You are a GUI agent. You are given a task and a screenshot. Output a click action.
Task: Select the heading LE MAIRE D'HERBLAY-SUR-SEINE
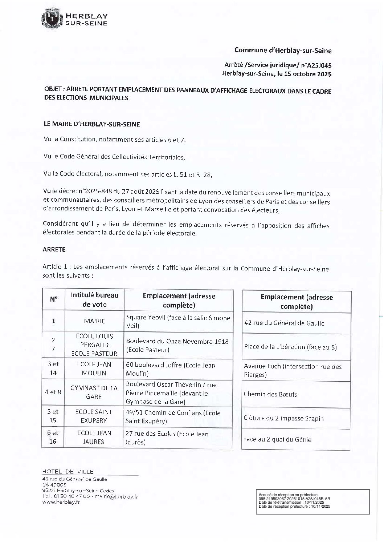[91, 124]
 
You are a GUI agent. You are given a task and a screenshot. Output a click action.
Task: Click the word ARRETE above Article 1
[54, 249]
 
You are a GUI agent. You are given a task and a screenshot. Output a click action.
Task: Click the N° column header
[54, 299]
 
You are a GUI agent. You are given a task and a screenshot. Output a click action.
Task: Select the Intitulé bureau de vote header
[94, 300]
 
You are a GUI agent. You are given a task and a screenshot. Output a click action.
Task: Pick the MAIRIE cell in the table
[94, 321]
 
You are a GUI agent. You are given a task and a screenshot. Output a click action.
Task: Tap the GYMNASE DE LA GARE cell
[94, 392]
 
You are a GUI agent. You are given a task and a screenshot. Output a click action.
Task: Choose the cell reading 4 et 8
[53, 392]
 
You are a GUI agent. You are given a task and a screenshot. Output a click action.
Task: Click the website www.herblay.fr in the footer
[61, 502]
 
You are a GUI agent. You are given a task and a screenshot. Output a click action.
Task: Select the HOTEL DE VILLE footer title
[68, 472]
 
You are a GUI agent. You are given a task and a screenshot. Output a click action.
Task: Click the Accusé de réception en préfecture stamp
[312, 501]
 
